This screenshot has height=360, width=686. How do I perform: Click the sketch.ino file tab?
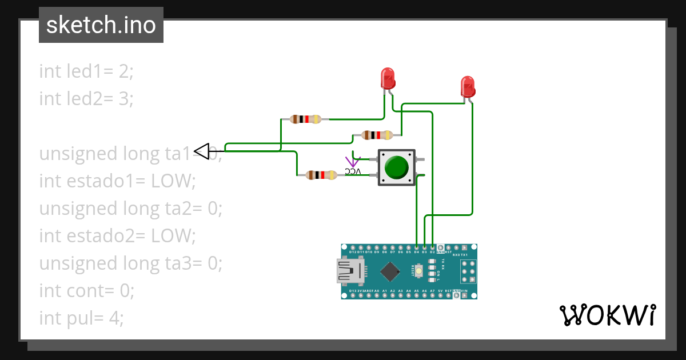(x=101, y=25)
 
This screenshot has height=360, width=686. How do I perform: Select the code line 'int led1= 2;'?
(x=86, y=71)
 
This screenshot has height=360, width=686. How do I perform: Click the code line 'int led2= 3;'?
(x=86, y=99)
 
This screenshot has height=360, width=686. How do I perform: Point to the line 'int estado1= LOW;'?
(x=117, y=181)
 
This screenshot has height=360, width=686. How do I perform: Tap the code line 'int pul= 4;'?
(x=81, y=318)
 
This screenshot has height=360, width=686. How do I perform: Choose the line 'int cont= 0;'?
(x=86, y=290)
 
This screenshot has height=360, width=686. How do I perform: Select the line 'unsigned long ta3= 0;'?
(x=130, y=263)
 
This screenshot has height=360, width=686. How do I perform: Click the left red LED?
(x=388, y=78)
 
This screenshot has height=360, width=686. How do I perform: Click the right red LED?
(x=468, y=86)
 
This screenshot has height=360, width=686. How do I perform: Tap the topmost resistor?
(x=306, y=119)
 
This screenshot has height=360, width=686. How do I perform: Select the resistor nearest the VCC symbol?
(x=322, y=175)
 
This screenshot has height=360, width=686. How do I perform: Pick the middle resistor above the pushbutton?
(x=377, y=135)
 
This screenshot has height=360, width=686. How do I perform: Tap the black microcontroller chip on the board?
(x=390, y=271)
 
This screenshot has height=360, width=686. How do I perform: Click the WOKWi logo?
(x=607, y=315)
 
